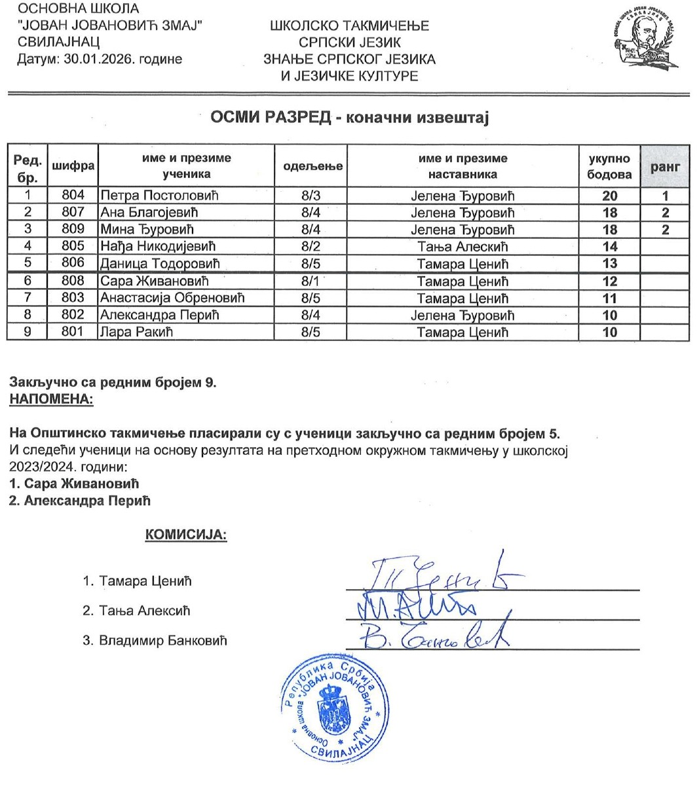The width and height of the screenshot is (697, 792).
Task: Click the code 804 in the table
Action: [73, 195]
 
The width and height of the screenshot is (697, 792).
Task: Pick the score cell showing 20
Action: [610, 195]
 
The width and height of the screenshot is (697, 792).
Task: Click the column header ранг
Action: [665, 166]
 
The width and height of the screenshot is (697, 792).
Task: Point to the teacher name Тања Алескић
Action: [462, 247]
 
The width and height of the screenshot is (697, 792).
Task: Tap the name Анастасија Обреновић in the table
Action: [172, 298]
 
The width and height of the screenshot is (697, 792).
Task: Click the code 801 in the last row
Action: [73, 333]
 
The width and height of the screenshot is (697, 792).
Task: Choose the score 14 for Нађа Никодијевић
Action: [610, 247]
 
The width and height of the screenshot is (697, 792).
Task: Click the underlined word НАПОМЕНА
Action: [51, 399]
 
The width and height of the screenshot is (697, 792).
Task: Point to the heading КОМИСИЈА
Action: [186, 535]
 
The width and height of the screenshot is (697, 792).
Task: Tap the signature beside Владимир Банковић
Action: [432, 634]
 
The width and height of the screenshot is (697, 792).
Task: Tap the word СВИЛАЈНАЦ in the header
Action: [59, 42]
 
